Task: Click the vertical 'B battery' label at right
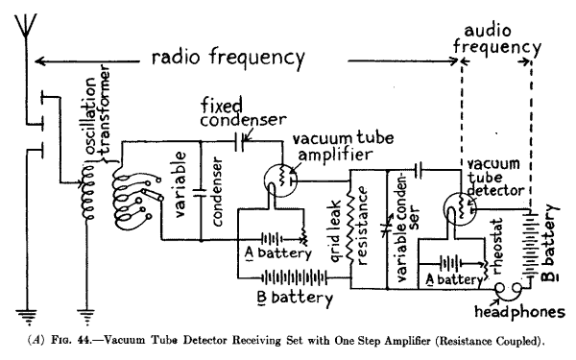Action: point(548,236)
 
